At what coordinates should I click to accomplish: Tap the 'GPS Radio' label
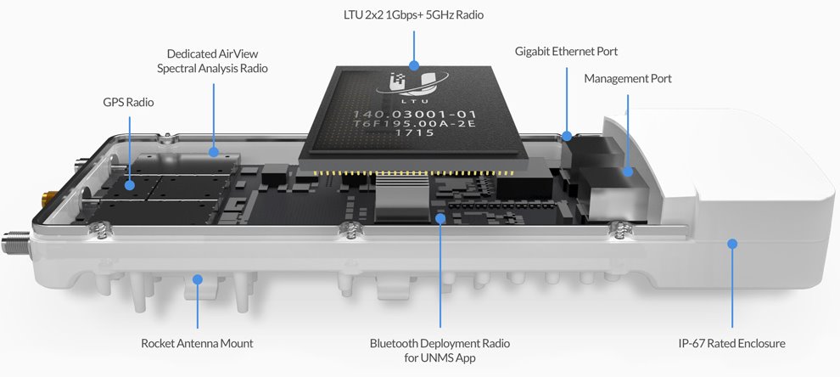pyautogui.click(x=129, y=103)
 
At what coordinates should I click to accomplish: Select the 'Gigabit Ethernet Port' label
pyautogui.click(x=567, y=51)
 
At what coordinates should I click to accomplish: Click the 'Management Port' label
pyautogui.click(x=628, y=78)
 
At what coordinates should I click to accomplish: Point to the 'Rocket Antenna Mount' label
pyautogui.click(x=197, y=344)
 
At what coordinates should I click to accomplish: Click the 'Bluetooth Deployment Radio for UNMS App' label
pyautogui.click(x=440, y=351)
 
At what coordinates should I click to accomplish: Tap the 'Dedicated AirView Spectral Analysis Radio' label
pyautogui.click(x=212, y=60)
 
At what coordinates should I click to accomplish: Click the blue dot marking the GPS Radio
pyautogui.click(x=129, y=183)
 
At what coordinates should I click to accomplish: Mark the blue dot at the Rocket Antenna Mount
pyautogui.click(x=197, y=278)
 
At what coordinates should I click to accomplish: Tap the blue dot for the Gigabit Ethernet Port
pyautogui.click(x=567, y=134)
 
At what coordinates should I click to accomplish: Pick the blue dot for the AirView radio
pyautogui.click(x=214, y=153)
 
